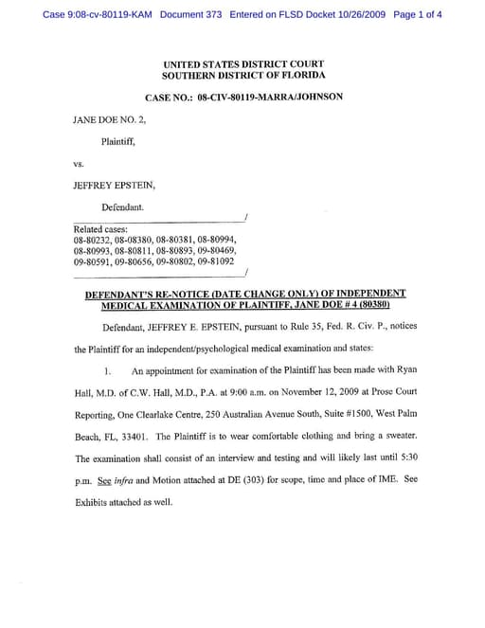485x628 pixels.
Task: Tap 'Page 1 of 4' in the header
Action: tap(416, 15)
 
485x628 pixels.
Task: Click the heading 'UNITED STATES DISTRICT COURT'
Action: tap(243, 63)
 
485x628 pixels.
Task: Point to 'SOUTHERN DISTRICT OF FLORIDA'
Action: tap(243, 75)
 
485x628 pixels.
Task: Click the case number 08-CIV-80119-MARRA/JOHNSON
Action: tap(270, 97)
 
